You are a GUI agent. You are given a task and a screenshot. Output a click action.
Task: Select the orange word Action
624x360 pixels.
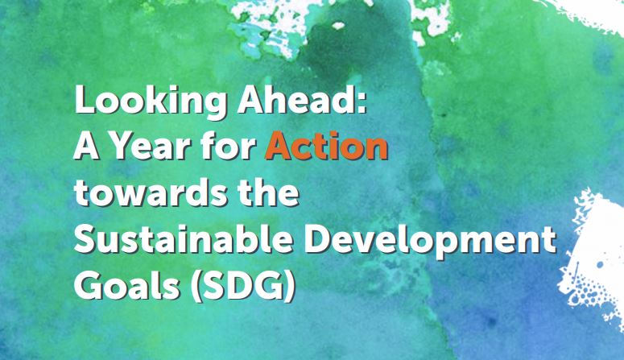pyautogui.click(x=326, y=149)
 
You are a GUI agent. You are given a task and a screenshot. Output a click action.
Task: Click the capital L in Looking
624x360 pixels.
pyautogui.click(x=82, y=105)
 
